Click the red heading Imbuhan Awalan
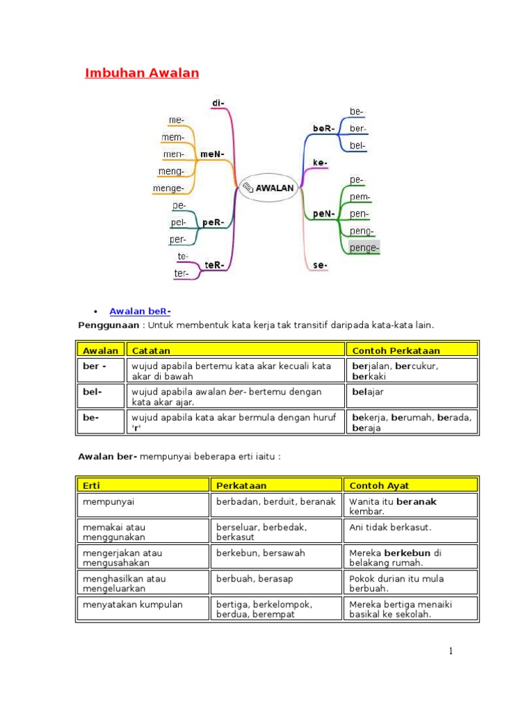(x=141, y=73)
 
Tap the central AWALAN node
(x=269, y=188)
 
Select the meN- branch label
(x=212, y=154)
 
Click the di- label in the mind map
(x=218, y=103)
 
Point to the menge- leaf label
(x=168, y=188)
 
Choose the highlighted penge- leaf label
(x=364, y=248)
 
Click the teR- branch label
(x=214, y=265)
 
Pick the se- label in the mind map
(x=320, y=265)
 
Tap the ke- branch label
(x=320, y=162)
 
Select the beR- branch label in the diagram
(x=323, y=128)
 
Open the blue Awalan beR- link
(x=140, y=311)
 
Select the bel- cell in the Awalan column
(x=101, y=395)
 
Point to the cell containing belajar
(x=411, y=395)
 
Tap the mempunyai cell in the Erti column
(x=143, y=505)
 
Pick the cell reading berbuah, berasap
(x=276, y=582)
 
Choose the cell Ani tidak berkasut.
(x=410, y=530)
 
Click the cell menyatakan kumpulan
(x=143, y=608)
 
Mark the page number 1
(x=450, y=651)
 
